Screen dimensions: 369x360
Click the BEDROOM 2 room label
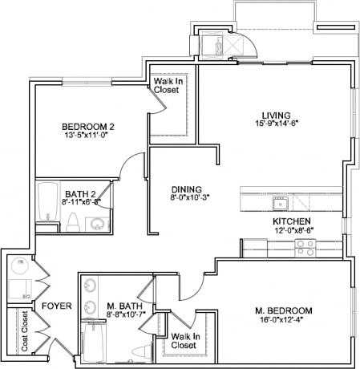pyautogui.click(x=88, y=127)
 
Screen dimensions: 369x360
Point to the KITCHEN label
pyautogui.click(x=292, y=221)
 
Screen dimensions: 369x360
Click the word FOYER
pyautogui.click(x=56, y=306)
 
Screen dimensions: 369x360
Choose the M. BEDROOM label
pyautogui.click(x=284, y=310)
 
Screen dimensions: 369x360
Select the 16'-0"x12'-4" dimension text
pyautogui.click(x=284, y=321)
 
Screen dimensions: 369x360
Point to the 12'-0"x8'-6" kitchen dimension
pyautogui.click(x=292, y=231)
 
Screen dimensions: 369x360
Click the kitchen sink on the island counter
pyautogui.click(x=280, y=201)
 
